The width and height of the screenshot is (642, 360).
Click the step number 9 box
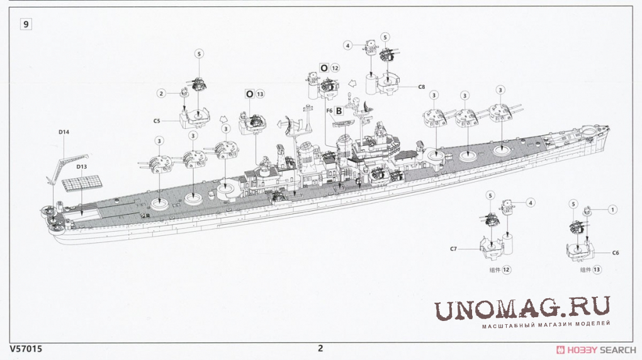(26, 25)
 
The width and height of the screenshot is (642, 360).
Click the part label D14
(64, 132)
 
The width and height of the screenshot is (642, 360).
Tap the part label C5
(157, 121)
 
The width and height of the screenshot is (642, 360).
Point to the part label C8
(422, 87)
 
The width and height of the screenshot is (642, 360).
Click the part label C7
(453, 249)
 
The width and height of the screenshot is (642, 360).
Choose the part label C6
(616, 253)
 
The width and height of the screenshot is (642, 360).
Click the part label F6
(330, 111)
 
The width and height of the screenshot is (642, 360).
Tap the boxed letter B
(339, 111)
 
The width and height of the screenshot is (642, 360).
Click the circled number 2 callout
(161, 93)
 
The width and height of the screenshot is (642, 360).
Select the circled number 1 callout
(612, 210)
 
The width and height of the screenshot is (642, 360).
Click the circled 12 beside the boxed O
(335, 68)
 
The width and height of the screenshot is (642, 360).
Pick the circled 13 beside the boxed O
(260, 94)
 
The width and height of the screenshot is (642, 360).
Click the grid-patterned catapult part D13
(82, 183)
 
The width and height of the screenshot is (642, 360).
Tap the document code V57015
(25, 349)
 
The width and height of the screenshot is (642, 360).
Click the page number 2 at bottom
(320, 349)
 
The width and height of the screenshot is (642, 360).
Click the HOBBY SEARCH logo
(596, 350)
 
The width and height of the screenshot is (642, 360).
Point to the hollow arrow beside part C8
(352, 84)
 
